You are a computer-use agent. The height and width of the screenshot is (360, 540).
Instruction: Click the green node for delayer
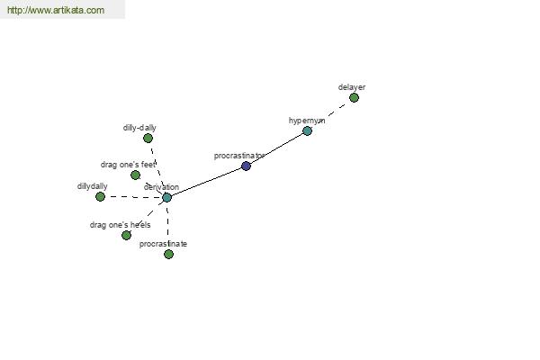354,98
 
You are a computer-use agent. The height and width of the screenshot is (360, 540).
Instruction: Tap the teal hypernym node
307,130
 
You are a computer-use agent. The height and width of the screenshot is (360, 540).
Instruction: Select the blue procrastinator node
246,166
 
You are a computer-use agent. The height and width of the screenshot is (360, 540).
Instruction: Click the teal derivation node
166,198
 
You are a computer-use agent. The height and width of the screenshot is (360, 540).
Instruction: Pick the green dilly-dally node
148,138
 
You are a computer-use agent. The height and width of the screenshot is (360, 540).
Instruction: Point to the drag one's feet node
135,175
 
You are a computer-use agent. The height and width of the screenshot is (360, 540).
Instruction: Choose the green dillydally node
100,197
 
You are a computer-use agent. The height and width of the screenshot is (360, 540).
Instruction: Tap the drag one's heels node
126,235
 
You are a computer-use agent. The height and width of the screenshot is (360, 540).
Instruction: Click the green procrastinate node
168,254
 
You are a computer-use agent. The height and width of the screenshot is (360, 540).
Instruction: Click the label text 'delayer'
352,87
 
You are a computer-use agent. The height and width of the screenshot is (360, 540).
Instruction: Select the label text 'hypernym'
307,121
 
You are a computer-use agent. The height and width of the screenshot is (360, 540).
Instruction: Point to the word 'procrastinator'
239,156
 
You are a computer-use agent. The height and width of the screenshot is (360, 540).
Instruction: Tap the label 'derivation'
161,187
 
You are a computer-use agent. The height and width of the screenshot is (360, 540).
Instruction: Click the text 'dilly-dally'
139,128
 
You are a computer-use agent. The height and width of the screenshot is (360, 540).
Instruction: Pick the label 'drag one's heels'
121,225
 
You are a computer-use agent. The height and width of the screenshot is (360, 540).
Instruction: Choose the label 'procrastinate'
163,244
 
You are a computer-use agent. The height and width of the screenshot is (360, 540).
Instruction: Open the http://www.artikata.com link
56,10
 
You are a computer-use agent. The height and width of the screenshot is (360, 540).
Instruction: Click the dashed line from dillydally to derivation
133,197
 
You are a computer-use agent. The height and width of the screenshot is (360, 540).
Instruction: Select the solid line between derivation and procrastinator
206,183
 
